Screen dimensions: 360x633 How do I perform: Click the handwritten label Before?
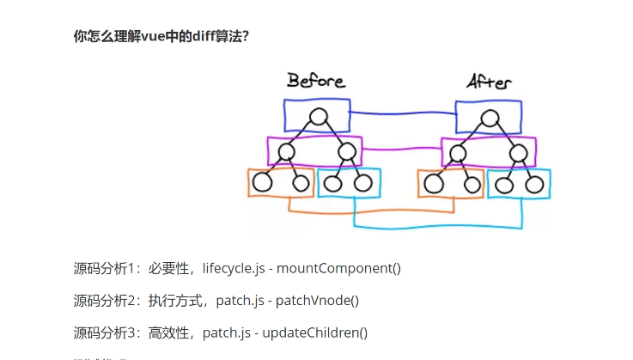pos(315,81)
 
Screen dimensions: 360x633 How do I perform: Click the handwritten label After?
pos(489,82)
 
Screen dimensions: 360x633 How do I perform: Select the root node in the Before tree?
pos(318,116)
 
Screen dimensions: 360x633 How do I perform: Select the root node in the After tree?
pos(489,117)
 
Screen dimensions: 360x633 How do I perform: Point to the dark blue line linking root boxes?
pos(402,113)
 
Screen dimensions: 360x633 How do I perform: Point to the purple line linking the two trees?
pos(402,149)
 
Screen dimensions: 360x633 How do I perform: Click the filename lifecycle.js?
pos(234,268)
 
